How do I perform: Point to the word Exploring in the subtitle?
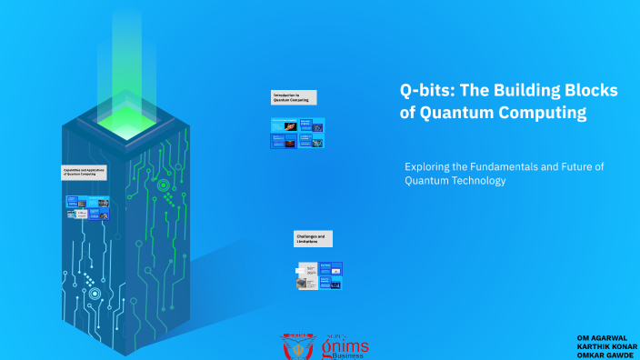tap(427, 167)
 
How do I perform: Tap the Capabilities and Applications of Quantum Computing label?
tap(85, 171)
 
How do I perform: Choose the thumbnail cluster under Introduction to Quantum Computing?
tap(297, 134)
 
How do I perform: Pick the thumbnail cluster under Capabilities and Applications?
tap(88, 207)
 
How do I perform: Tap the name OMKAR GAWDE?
tap(605, 355)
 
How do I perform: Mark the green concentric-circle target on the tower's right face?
tap(164, 185)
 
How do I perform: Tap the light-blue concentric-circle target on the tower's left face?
tap(94, 294)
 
